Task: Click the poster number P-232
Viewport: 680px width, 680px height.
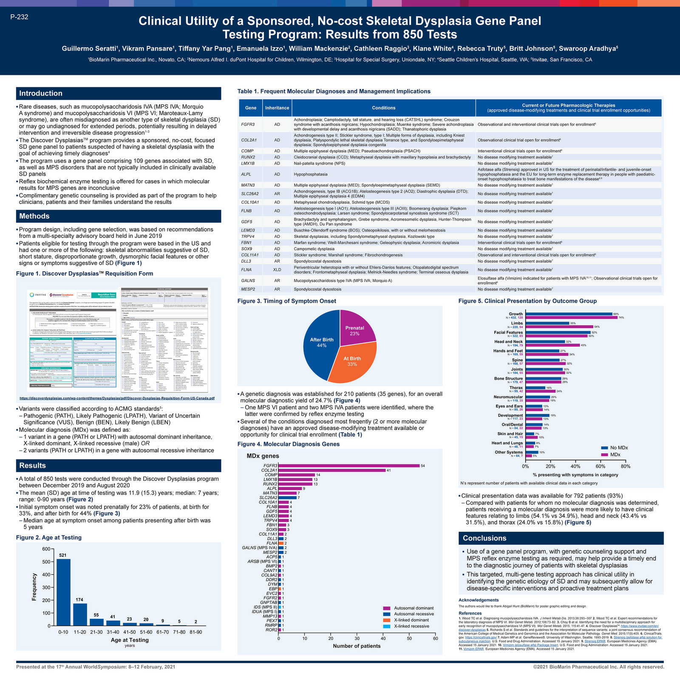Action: click(x=19, y=17)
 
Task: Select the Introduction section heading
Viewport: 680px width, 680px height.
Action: click(x=41, y=93)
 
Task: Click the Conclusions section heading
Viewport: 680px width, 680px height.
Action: click(x=484, y=538)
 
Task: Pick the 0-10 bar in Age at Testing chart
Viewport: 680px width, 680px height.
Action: click(x=63, y=592)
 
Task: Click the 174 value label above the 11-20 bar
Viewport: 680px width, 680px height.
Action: click(x=80, y=600)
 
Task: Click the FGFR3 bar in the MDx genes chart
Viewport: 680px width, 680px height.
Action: click(x=348, y=466)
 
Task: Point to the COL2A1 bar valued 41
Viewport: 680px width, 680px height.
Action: click(x=331, y=470)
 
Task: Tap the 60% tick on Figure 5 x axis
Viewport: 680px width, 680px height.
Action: click(x=600, y=466)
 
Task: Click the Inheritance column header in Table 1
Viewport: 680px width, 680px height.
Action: click(x=277, y=108)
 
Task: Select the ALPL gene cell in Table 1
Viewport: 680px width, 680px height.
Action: click(x=246, y=174)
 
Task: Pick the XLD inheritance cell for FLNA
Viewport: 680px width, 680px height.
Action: click(x=277, y=269)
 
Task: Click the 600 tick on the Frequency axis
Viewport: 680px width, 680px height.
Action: click(x=46, y=549)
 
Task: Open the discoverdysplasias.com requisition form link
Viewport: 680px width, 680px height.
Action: click(x=117, y=399)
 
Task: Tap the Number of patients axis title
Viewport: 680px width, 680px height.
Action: click(x=357, y=646)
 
